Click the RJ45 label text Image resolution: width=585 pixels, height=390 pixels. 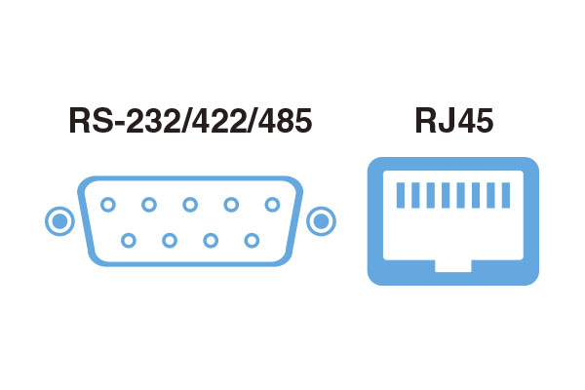tap(454, 121)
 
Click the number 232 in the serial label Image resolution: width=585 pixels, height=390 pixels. tap(153, 121)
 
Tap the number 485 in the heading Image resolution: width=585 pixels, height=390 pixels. tap(285, 121)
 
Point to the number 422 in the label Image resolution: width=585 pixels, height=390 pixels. tap(219, 121)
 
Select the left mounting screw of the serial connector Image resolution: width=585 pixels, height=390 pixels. tap(59, 221)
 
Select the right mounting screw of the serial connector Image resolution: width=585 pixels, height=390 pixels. tap(321, 221)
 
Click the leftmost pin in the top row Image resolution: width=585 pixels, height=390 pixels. tap(108, 205)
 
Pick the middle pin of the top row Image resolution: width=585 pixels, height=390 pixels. tap(190, 205)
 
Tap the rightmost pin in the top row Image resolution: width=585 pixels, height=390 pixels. tap(272, 205)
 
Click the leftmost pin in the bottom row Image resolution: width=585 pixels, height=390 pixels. tap(129, 241)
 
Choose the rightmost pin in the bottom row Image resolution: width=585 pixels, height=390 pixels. tap(252, 241)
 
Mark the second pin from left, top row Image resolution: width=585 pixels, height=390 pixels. tap(149, 205)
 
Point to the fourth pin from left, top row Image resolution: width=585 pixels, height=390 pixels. tap(231, 205)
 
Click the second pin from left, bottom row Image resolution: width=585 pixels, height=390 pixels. tap(170, 241)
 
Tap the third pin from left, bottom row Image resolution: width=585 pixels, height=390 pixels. tap(211, 241)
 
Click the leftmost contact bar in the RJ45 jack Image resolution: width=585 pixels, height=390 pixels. tap(401, 195)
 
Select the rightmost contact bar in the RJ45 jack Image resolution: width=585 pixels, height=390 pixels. tap(506, 195)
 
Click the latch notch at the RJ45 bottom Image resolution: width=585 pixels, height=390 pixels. tap(453, 266)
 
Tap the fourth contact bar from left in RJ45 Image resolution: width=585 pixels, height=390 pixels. tap(446, 195)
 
